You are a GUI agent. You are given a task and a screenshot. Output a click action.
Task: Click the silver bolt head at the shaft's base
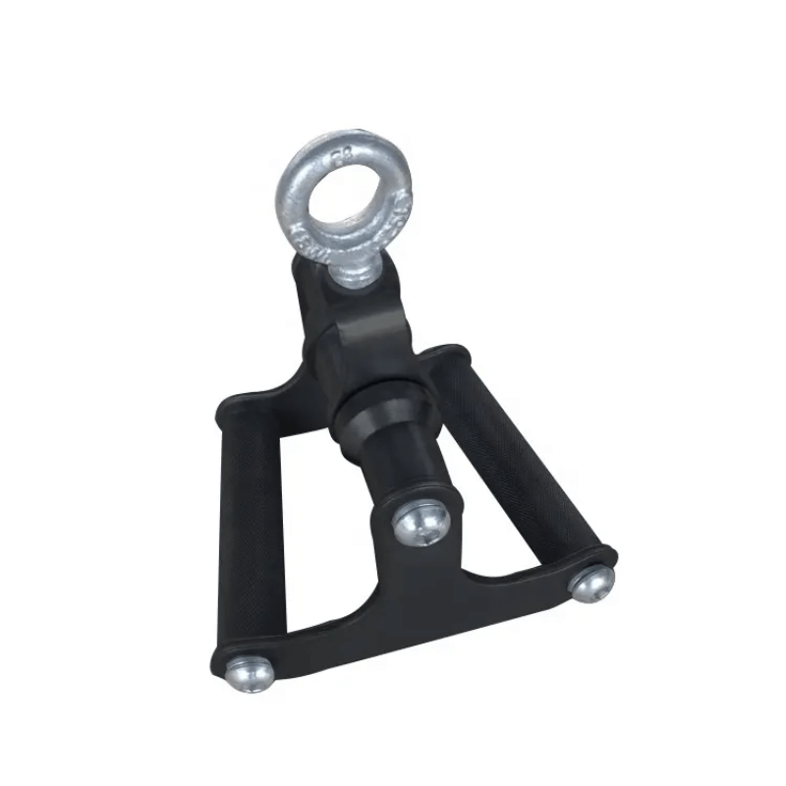(x=414, y=525)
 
